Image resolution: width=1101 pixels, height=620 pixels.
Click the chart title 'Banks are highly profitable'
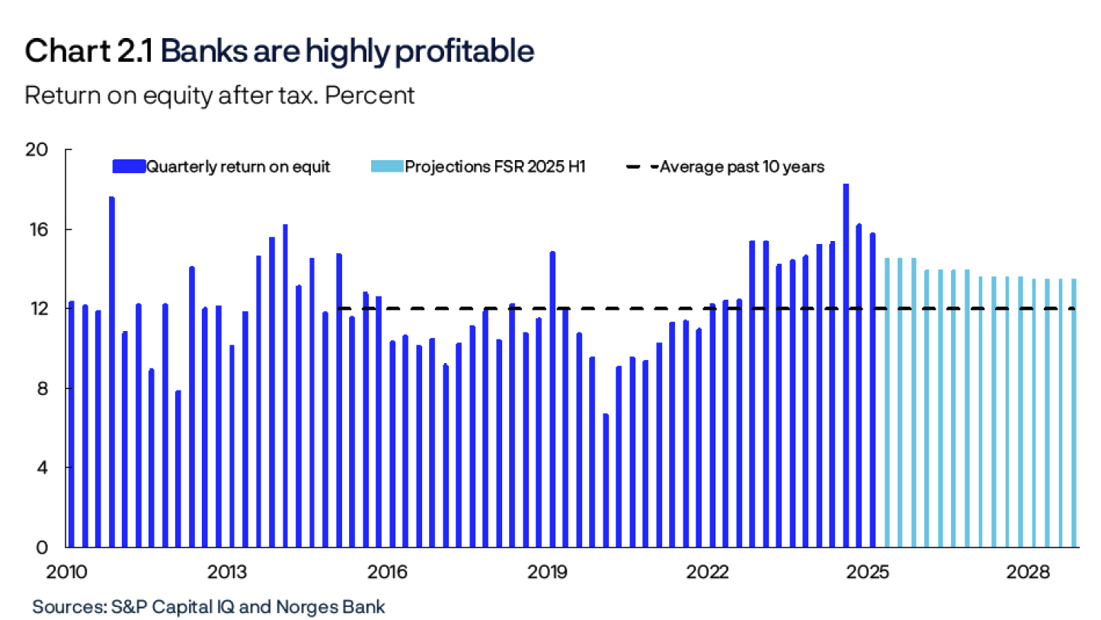coord(347,51)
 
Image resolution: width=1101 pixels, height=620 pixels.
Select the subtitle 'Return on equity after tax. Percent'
coord(219,95)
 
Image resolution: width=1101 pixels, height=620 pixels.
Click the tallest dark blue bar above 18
coord(846,366)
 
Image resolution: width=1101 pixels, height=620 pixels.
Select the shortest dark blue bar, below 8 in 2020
coord(606,480)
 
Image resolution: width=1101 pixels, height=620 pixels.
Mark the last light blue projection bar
coord(1074,413)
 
